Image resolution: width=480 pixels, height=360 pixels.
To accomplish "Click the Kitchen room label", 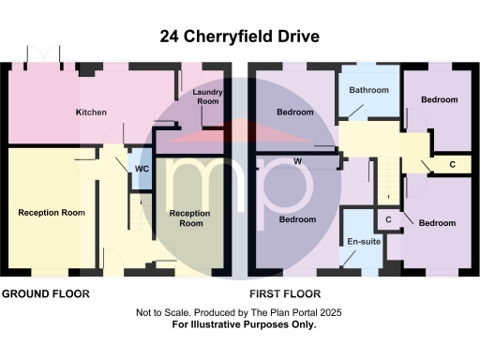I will (x=91, y=112).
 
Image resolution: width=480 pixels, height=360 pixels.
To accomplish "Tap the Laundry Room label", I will (x=206, y=97).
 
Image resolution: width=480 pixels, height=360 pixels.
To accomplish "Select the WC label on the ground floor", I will (x=142, y=169).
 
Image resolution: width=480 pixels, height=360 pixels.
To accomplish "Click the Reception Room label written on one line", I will (x=52, y=213).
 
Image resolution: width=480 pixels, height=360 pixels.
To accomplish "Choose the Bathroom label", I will (x=368, y=91).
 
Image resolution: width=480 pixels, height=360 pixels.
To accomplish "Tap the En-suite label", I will (x=362, y=242).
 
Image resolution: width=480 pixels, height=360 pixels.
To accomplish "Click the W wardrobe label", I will (x=297, y=161).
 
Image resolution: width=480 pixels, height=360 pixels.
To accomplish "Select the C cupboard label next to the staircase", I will (x=388, y=219).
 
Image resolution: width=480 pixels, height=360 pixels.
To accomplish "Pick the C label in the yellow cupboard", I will (x=453, y=165).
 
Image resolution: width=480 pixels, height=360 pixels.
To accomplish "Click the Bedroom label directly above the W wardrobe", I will (x=295, y=112).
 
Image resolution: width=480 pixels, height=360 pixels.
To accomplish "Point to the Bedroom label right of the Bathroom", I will (x=438, y=99).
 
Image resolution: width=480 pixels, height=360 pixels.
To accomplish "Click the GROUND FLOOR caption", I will (x=45, y=293).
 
